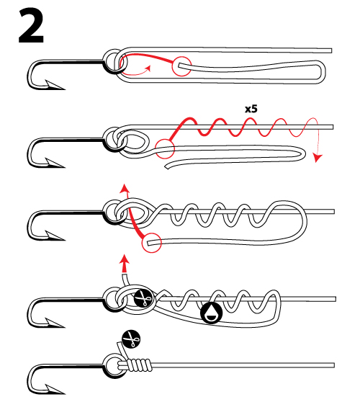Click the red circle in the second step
[x=165, y=147]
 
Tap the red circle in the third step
[x=152, y=243]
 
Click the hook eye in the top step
[x=113, y=62]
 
